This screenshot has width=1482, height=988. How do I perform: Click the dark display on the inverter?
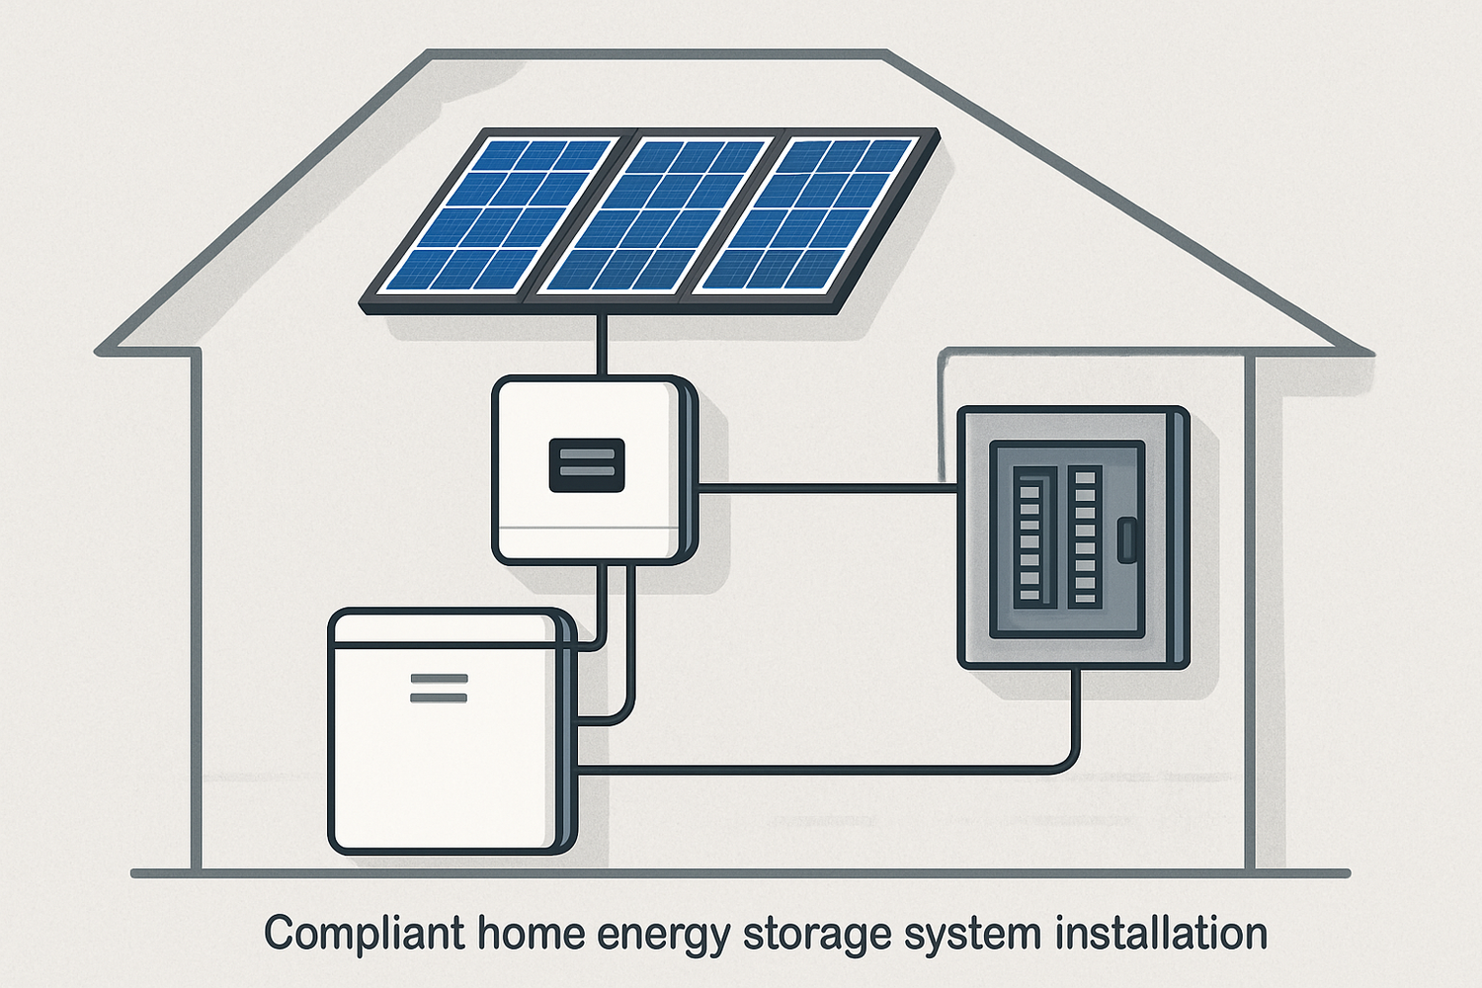(587, 465)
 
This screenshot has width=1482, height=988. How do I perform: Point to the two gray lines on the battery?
(439, 689)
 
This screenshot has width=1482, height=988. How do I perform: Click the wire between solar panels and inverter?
(600, 346)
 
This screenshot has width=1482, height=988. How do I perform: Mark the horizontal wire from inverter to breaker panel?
(828, 486)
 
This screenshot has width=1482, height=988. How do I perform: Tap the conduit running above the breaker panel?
(1087, 351)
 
